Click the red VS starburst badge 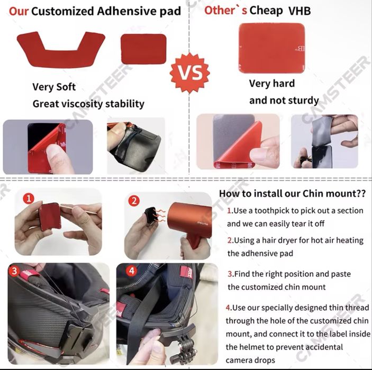190,73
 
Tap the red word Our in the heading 19,11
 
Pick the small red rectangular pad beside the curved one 143,49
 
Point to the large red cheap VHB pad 271,48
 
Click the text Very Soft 54,87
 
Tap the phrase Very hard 272,84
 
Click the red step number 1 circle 29,199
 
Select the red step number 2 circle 134,201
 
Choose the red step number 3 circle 14,271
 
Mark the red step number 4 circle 132,271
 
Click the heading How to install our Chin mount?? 292,193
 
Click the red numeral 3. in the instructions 231,274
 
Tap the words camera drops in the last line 250,360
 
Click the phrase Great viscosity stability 88,104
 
